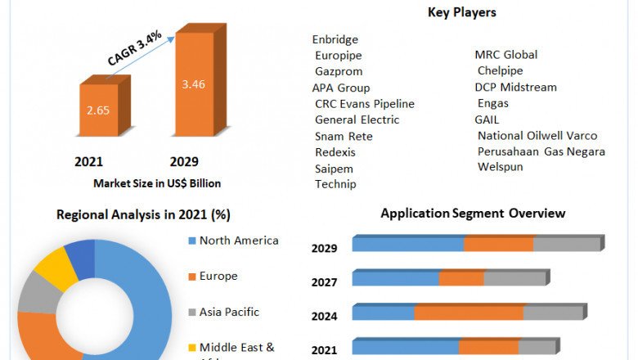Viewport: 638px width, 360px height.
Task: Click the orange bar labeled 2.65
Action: point(98,110)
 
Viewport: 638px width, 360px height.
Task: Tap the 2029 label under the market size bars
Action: point(184,161)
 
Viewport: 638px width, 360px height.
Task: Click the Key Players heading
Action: point(461,12)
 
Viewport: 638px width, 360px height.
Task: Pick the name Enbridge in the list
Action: point(335,39)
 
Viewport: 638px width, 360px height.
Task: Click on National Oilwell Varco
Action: point(537,135)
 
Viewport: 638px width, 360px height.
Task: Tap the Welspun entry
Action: point(501,167)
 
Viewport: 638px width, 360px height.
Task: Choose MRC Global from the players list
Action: point(506,55)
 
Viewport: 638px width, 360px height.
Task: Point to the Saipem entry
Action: point(335,168)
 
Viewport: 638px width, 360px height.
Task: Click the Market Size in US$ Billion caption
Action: point(157,183)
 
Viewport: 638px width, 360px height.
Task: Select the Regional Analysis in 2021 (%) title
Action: point(143,215)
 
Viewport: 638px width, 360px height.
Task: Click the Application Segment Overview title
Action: point(473,214)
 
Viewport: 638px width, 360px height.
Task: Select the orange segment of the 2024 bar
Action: point(469,313)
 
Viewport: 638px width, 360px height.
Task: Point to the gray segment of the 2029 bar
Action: point(567,245)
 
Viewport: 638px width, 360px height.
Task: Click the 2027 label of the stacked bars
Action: point(324,282)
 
